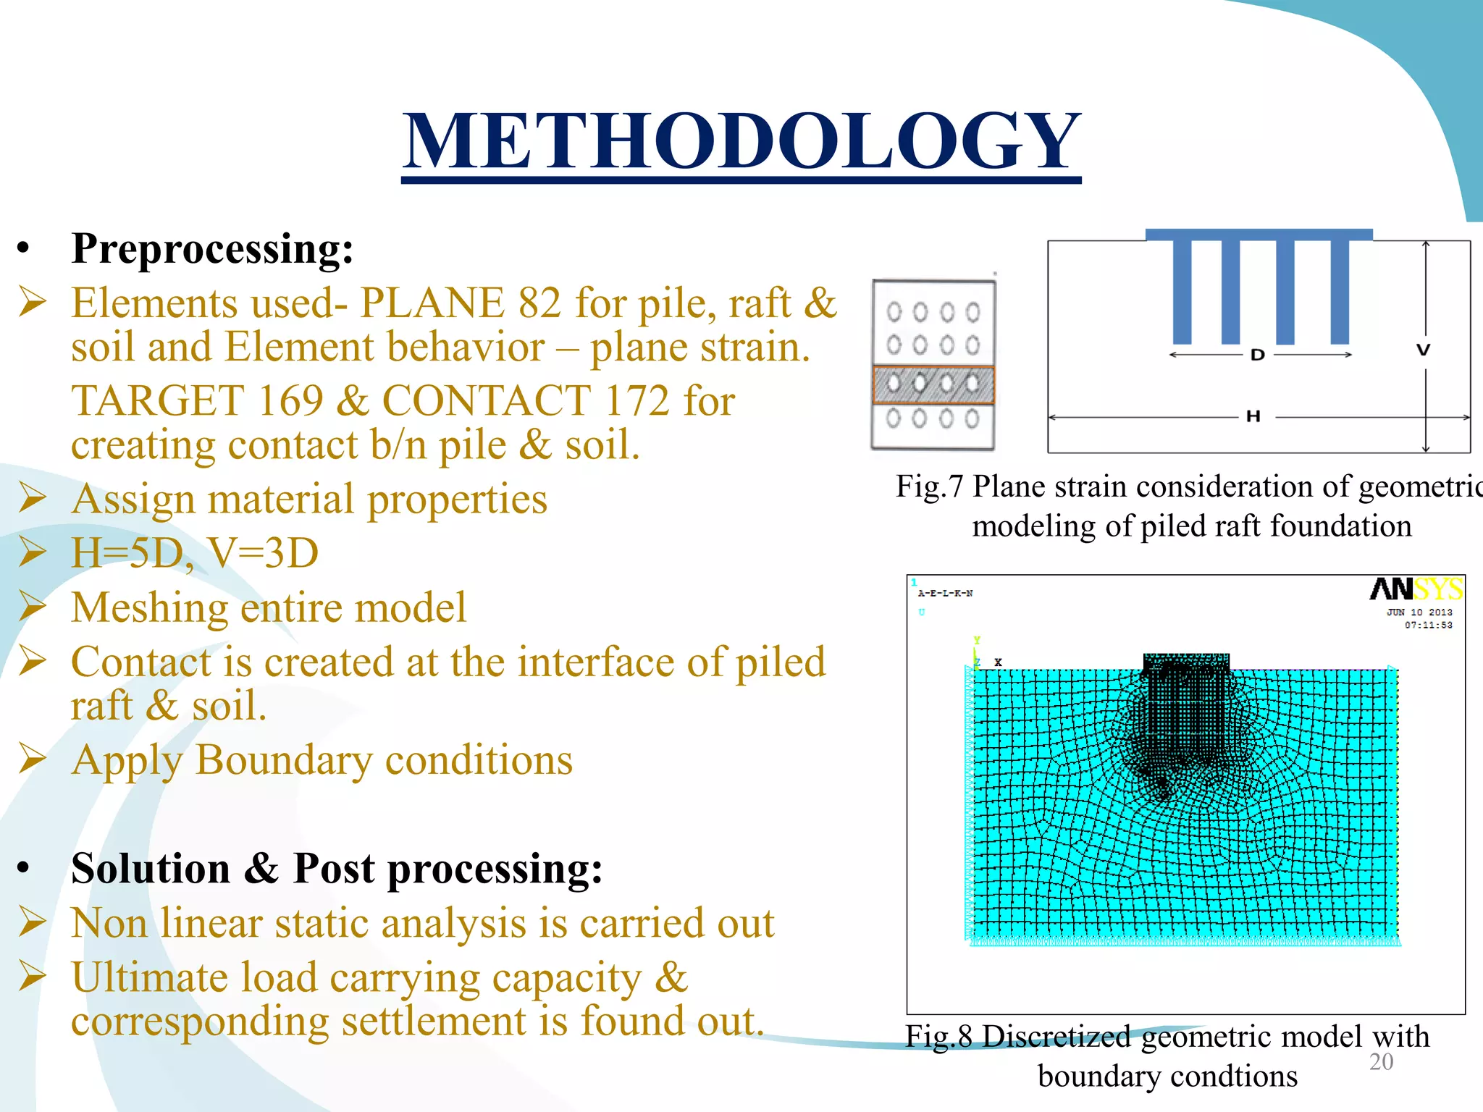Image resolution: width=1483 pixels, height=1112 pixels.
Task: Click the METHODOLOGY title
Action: point(741,141)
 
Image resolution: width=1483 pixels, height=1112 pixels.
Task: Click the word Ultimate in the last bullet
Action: point(149,977)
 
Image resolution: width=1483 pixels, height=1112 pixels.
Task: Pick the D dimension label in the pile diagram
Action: point(1258,355)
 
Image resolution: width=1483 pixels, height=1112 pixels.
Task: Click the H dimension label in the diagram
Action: point(1253,416)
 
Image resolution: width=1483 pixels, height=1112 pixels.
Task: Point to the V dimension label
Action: point(1424,350)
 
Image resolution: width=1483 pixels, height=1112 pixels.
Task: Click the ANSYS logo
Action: point(1416,589)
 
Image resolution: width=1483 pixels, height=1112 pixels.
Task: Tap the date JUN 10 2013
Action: point(1419,612)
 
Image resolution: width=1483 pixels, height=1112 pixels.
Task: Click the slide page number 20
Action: point(1381,1062)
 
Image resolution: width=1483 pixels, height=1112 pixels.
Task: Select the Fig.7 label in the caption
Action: point(929,486)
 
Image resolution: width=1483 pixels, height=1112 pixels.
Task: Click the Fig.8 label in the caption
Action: point(938,1037)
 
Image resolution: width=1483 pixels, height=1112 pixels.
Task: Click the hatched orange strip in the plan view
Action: point(933,384)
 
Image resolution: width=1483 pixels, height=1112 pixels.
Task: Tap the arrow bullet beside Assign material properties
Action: point(33,499)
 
